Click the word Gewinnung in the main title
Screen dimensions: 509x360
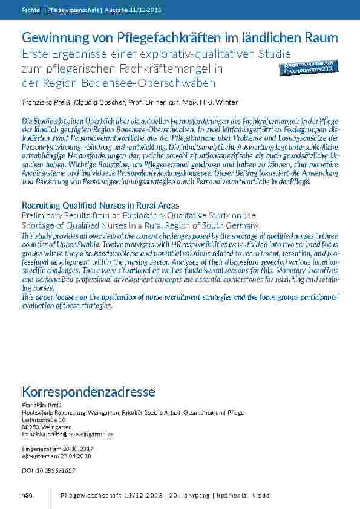tap(48, 37)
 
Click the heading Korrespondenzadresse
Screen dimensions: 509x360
tap(88, 392)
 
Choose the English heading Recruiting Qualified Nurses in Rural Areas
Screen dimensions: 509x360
tap(100, 206)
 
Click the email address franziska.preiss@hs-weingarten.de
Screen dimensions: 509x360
tap(68, 434)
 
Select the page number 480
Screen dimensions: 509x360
tap(27, 496)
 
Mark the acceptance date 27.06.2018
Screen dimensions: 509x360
tap(66, 456)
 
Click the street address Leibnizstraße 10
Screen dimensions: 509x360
tap(44, 420)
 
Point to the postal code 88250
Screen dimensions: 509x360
tap(30, 427)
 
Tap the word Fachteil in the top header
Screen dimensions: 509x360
tap(30, 11)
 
